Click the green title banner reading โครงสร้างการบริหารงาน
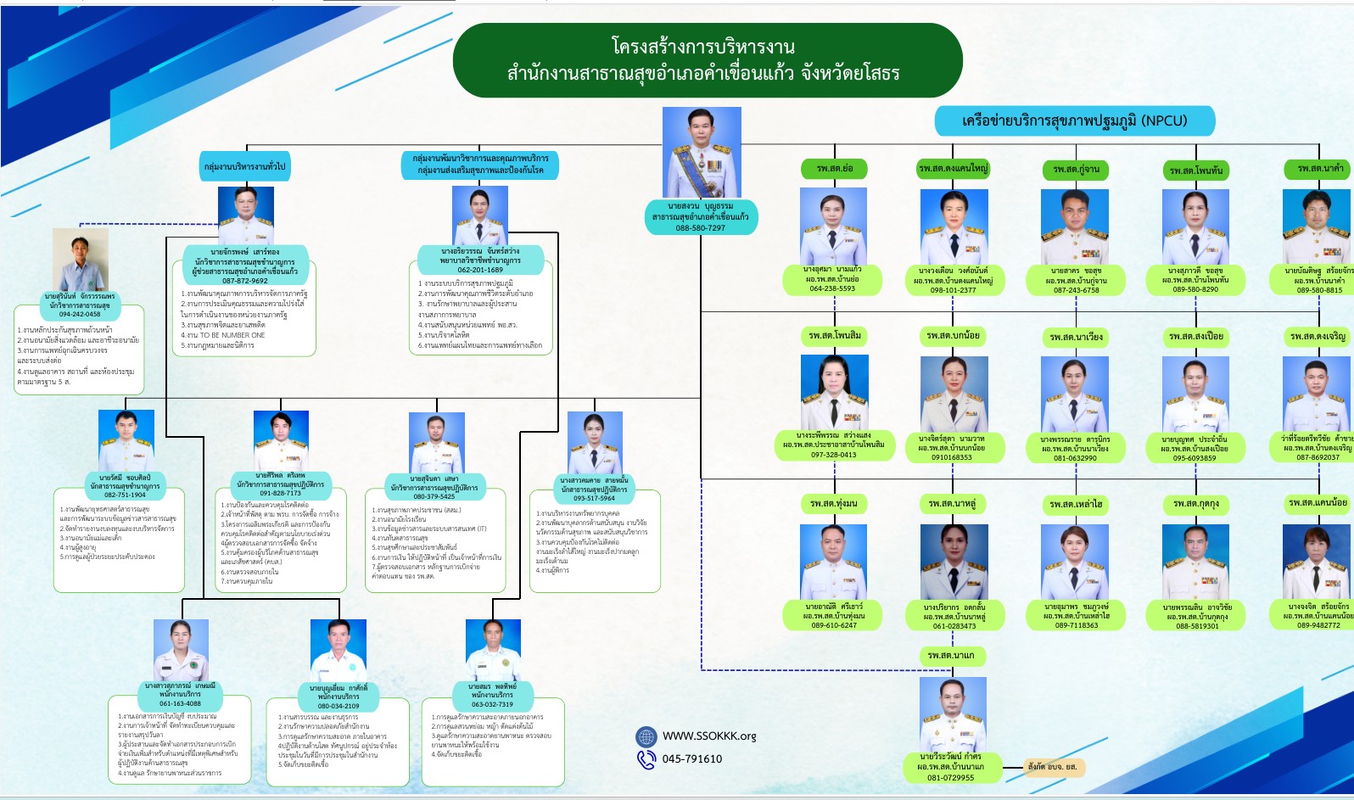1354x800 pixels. coord(707,59)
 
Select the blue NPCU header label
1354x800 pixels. coord(1074,120)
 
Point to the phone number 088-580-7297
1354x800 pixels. coord(700,228)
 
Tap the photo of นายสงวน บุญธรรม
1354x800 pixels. coord(702,153)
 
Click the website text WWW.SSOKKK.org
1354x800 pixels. coord(709,736)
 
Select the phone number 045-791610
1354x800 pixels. coord(692,759)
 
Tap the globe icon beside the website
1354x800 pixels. coord(646,736)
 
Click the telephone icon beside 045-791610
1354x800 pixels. coord(646,759)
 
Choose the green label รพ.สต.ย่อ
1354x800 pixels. coord(835,169)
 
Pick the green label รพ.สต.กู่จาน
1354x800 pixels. coord(1076,170)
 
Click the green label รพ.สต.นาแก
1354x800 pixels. coord(951,656)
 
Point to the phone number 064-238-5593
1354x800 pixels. coord(832,288)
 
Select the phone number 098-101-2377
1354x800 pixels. coord(953,290)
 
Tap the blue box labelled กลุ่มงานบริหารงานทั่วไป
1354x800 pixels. coord(245,166)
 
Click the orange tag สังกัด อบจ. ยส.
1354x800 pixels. coord(1052,767)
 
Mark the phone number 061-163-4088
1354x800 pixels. coord(180,703)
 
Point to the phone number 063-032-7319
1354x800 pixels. coord(492,704)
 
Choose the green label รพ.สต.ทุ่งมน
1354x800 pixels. coord(834,504)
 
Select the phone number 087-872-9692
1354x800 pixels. coord(245,281)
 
